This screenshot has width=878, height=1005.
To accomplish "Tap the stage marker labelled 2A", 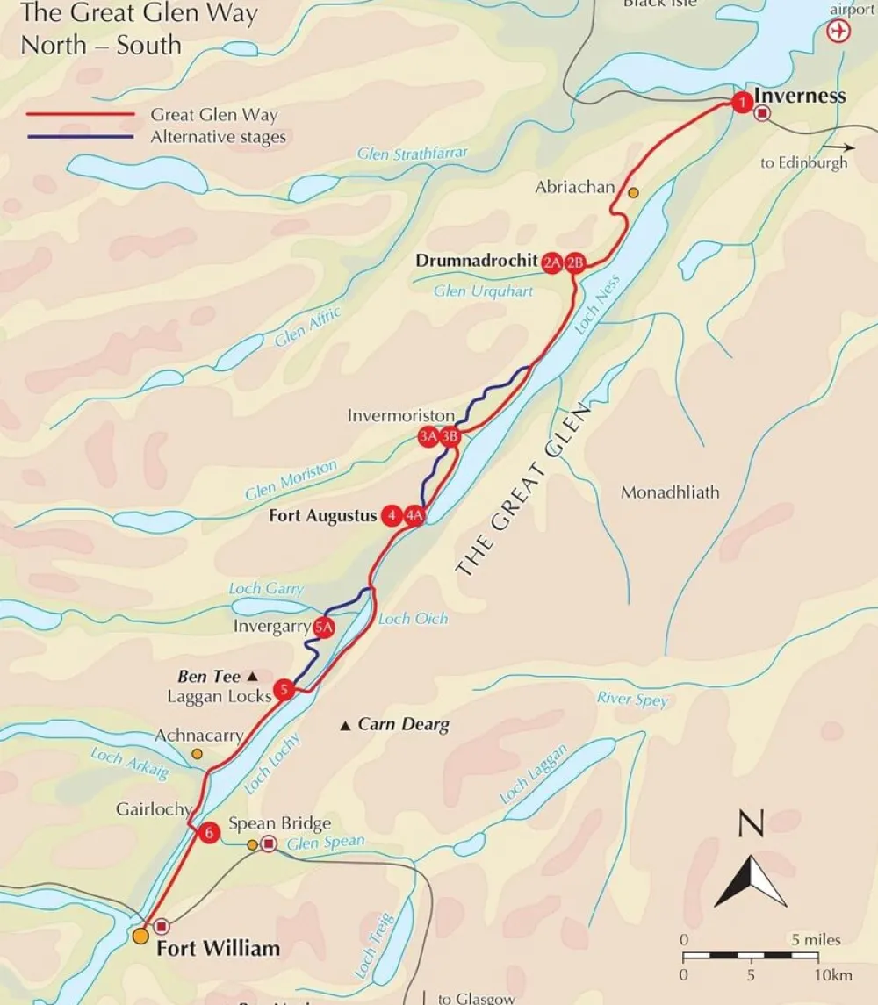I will pos(552,262).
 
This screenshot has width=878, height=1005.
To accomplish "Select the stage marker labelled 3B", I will pos(450,436).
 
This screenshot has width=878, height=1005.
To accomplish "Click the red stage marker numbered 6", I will pos(208,833).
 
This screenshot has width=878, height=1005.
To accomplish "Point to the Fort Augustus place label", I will pos(322,516).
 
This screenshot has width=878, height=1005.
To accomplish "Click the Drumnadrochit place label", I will pos(477,261).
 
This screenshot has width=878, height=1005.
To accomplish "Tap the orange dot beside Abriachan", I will pos(633,192).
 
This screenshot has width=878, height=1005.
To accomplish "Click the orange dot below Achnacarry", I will pos(197,754).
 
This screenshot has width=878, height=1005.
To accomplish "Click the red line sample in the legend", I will pos(79,115).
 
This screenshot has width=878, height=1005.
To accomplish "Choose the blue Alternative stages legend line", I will pos(79,137).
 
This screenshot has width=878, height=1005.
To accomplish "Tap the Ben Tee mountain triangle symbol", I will pos(252,677).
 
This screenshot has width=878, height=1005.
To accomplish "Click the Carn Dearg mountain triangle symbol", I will pos(346,725).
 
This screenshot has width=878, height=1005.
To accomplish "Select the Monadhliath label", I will pos(670,492).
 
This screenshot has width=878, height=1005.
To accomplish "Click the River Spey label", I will pos(632,700).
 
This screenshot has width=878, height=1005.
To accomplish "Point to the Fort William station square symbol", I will pos(161,926).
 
